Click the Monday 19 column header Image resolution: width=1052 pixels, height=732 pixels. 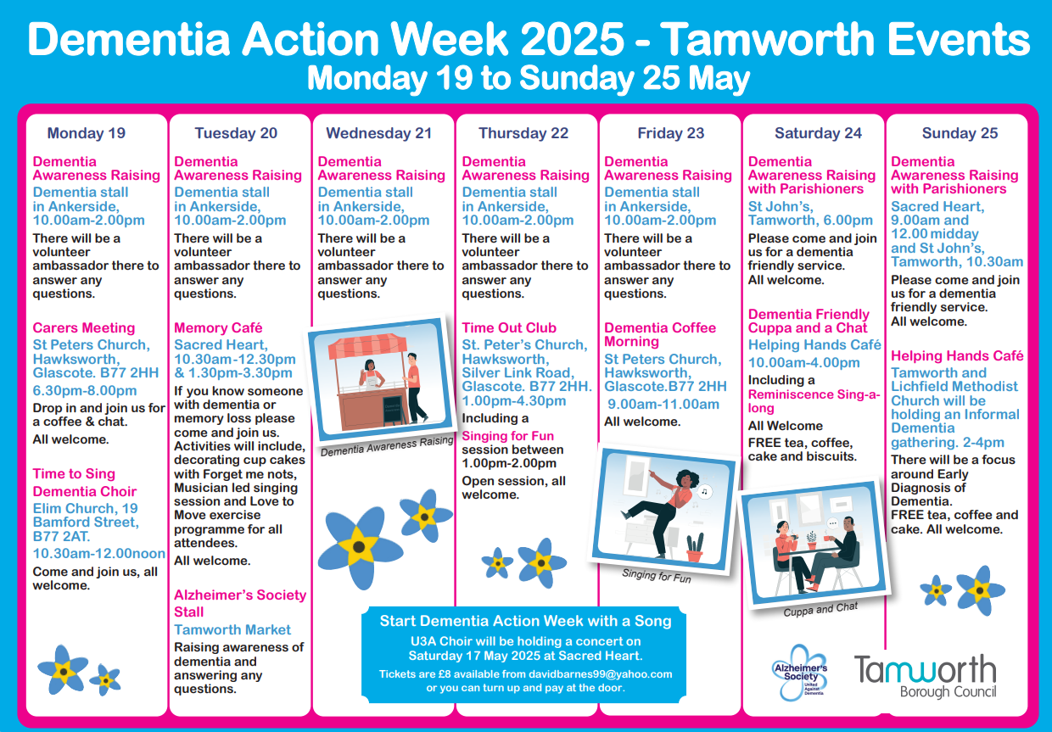click(87, 133)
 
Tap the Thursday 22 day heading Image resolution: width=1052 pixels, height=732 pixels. click(523, 133)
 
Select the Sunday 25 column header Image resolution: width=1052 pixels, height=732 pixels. click(960, 133)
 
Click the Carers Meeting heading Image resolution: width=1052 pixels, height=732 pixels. click(84, 328)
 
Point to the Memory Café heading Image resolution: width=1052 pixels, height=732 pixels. click(218, 328)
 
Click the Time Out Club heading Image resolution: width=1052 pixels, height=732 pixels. click(509, 328)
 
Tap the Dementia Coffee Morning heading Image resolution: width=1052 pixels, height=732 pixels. click(659, 335)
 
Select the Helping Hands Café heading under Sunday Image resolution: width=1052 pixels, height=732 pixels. click(957, 356)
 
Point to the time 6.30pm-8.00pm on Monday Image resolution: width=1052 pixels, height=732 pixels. click(85, 391)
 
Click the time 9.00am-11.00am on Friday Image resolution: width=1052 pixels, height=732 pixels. click(663, 405)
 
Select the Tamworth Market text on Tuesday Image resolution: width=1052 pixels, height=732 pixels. click(232, 630)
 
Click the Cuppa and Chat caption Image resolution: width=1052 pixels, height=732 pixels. click(820, 609)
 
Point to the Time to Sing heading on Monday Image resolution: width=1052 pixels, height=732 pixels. click(74, 474)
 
